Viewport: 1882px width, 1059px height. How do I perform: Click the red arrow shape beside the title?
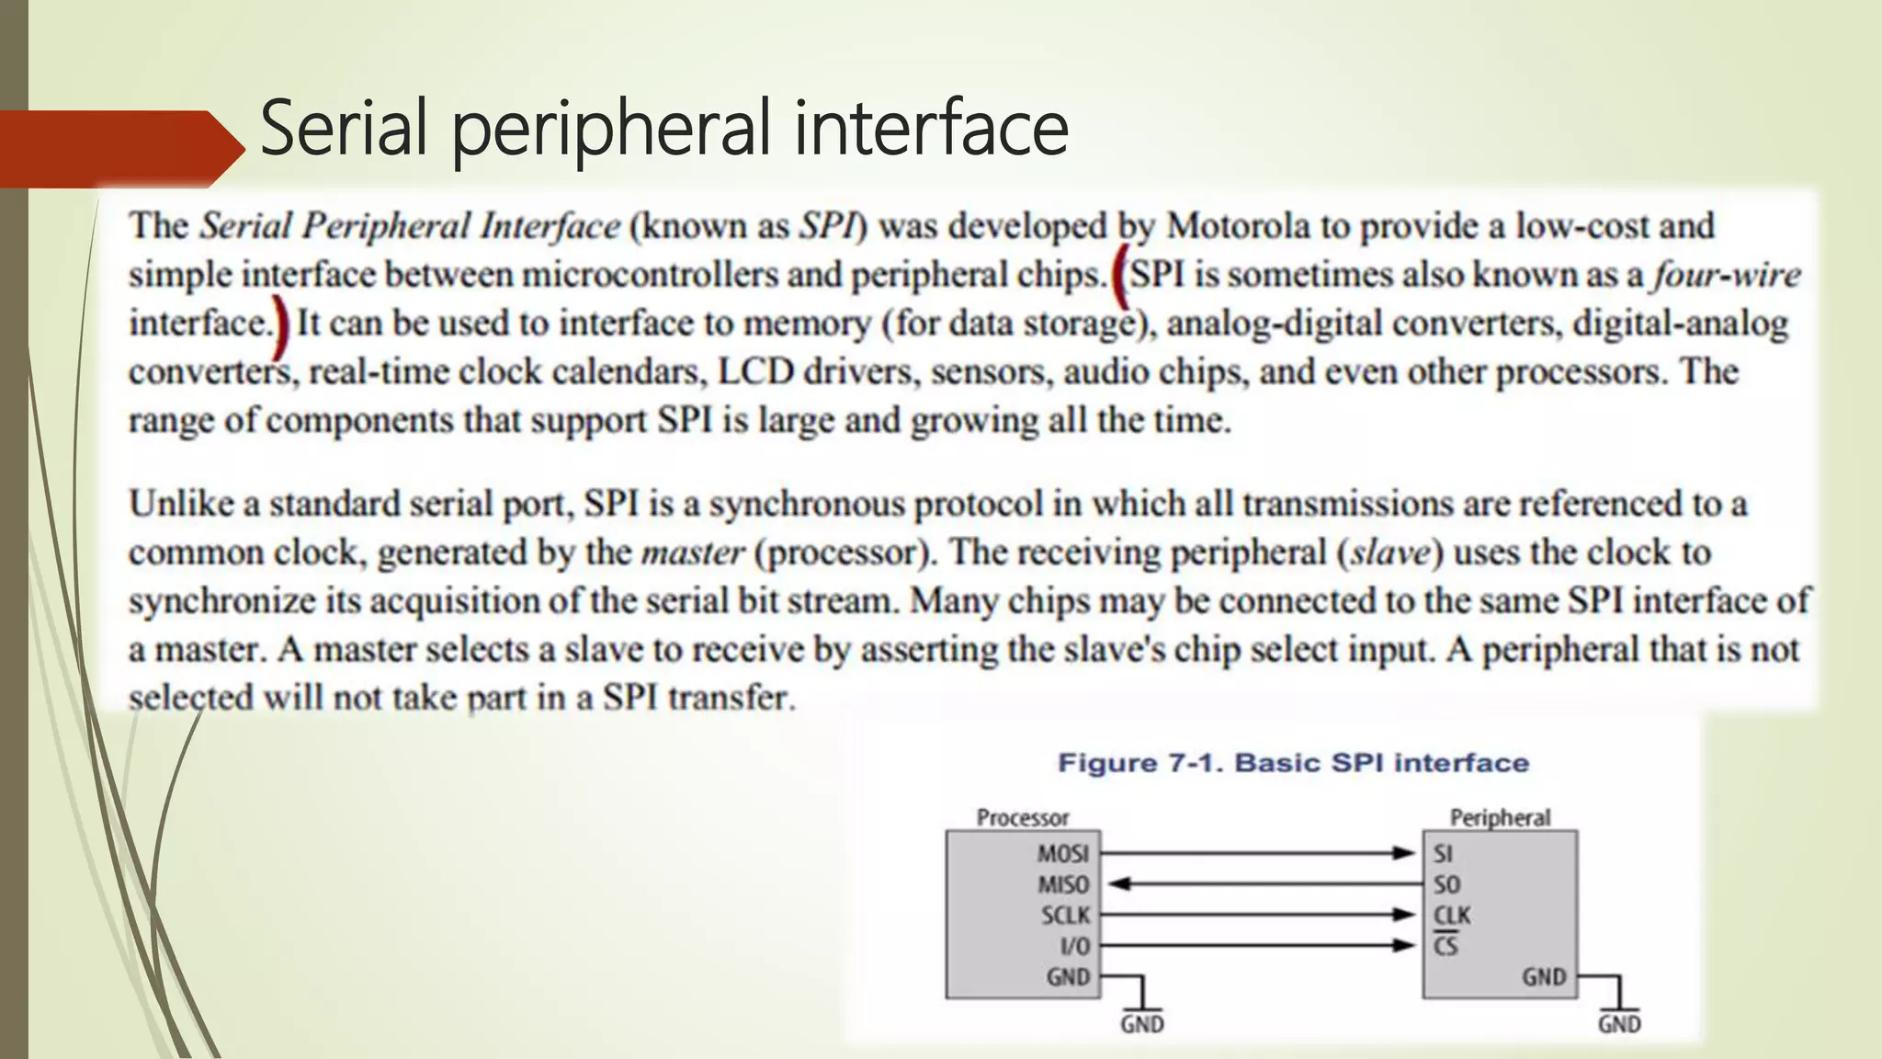click(x=119, y=147)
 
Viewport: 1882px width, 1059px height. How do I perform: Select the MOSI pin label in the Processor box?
click(x=1063, y=854)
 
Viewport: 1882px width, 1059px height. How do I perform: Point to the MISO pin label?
click(x=1063, y=885)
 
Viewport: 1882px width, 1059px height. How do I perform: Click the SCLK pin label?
click(x=1065, y=916)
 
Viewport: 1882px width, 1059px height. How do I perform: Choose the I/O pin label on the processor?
click(x=1074, y=946)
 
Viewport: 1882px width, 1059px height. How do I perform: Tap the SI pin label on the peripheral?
click(x=1443, y=854)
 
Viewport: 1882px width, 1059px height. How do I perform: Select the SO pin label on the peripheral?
click(x=1446, y=885)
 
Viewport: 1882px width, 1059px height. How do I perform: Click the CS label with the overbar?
click(x=1446, y=945)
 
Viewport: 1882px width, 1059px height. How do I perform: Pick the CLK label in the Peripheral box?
click(x=1452, y=916)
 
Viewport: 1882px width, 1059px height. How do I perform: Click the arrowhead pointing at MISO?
click(x=1118, y=884)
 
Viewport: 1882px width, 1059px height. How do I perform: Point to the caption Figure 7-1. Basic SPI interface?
click(x=1293, y=763)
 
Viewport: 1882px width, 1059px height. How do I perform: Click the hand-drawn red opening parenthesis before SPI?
click(x=1119, y=276)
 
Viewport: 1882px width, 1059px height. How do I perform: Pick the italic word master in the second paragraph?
click(x=692, y=552)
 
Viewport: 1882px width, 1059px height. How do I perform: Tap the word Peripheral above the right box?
click(x=1499, y=817)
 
